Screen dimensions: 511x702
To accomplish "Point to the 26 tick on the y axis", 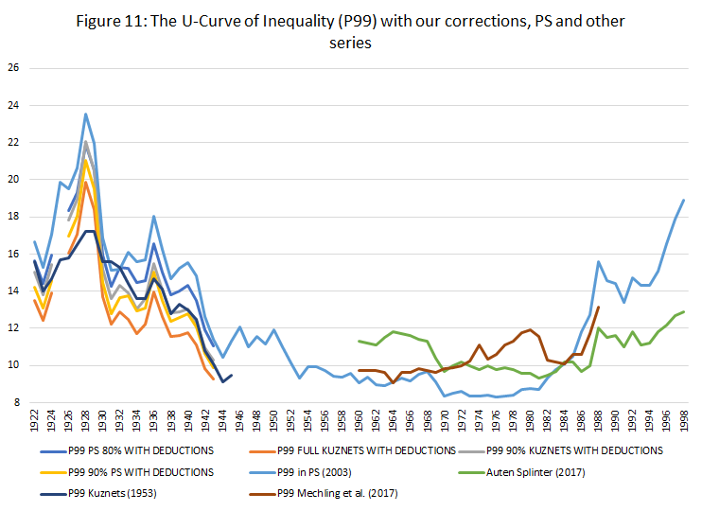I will (x=13, y=68).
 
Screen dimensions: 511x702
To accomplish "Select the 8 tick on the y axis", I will (x=13, y=402).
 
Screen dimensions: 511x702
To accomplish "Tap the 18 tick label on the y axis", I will (x=13, y=217).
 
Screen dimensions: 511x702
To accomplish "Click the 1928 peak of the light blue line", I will (x=86, y=115).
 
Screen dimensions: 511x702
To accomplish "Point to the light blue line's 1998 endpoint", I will (x=683, y=200).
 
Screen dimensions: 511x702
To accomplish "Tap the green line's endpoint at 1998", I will (x=683, y=311).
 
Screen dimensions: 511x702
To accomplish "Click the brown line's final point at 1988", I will (x=598, y=280).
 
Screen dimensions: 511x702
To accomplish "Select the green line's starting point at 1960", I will (x=360, y=341).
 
